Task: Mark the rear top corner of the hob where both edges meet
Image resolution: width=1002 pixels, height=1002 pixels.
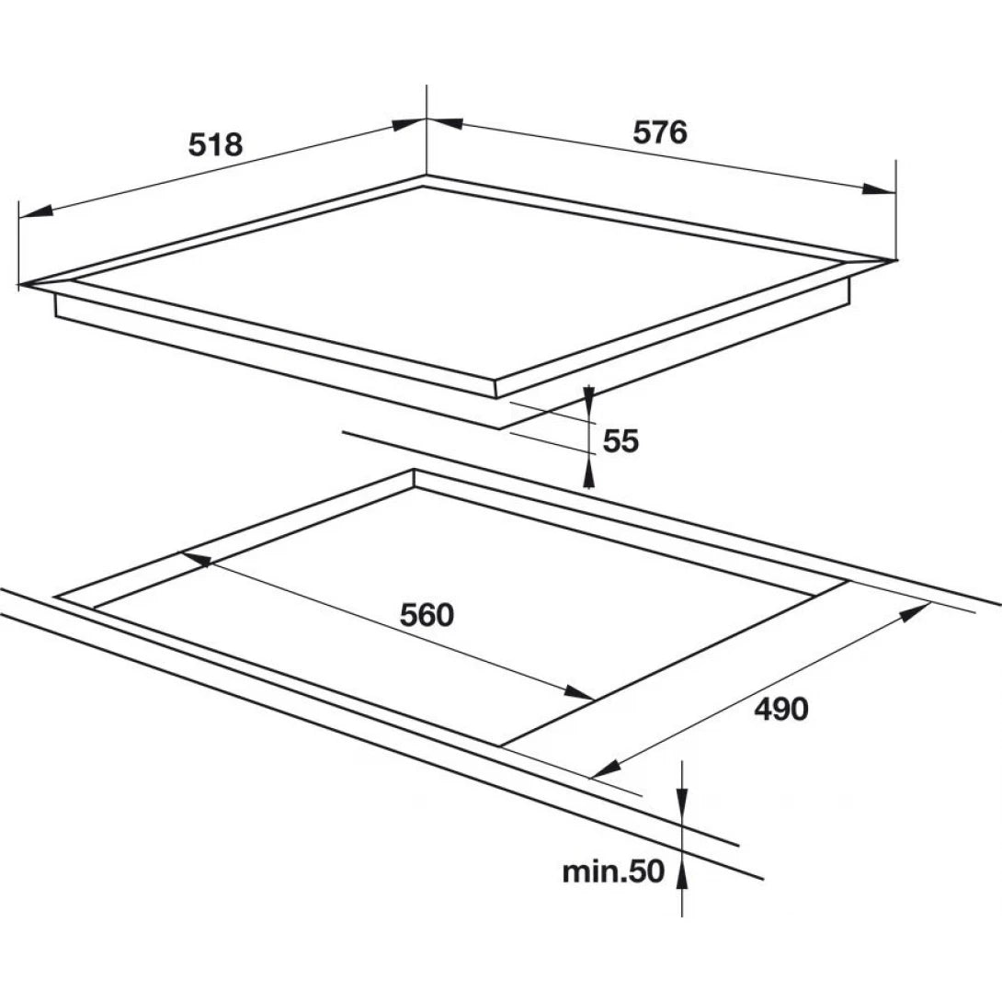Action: point(427,175)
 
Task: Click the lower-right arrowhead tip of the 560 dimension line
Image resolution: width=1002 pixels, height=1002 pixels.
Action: point(594,699)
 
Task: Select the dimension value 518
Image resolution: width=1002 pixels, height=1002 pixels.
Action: point(215,145)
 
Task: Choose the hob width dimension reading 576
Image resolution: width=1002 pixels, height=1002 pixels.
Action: point(659,132)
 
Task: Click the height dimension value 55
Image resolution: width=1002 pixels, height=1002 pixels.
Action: point(621,441)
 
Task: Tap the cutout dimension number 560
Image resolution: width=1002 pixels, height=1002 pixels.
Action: point(427,615)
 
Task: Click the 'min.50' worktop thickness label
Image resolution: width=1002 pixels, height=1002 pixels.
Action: point(613,871)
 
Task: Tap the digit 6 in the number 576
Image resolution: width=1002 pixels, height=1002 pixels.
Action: point(677,132)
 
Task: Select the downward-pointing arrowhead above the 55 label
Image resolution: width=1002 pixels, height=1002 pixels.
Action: point(588,395)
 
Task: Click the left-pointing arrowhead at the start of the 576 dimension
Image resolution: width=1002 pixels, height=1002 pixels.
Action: point(445,122)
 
